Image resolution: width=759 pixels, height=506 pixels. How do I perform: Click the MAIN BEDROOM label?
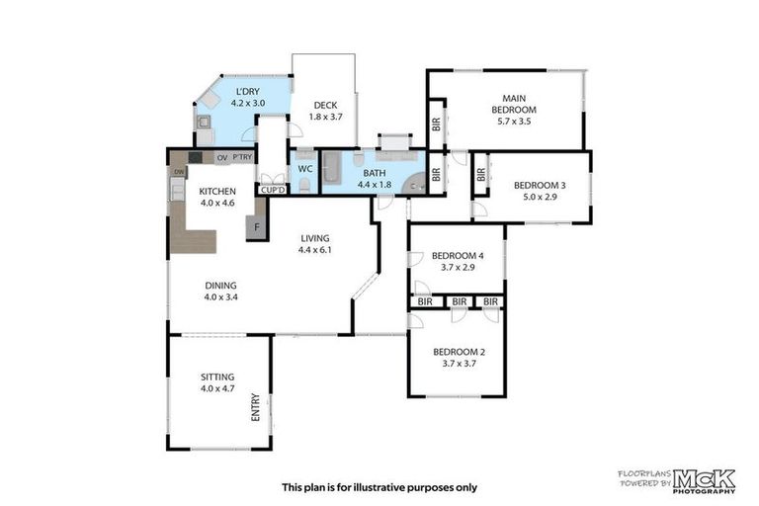coord(514,104)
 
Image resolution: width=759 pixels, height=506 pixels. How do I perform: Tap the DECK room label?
coord(326,105)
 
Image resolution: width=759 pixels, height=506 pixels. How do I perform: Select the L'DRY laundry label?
coord(247,92)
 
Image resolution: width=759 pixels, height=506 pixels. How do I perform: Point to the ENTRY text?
coord(256,407)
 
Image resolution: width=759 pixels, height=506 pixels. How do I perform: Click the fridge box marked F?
coord(257,227)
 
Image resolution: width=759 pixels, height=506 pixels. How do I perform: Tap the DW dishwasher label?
coord(179,171)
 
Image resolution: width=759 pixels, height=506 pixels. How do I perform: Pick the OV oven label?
coord(222,158)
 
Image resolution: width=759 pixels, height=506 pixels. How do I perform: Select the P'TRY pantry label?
coord(242,157)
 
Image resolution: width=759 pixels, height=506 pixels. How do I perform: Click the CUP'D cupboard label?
coord(273,191)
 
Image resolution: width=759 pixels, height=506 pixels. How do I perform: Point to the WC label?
coord(305,169)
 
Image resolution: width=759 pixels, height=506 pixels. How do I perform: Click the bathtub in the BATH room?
coord(332,168)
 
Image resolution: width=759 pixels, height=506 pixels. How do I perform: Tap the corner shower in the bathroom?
coord(414,183)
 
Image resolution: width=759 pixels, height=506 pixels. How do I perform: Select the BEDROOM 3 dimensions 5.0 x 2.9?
coord(540,197)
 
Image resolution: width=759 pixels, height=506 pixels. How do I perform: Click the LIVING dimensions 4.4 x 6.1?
coord(315,250)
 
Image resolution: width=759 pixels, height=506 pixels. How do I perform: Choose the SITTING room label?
coord(217,377)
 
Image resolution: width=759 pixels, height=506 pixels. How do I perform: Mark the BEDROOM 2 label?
coord(459,352)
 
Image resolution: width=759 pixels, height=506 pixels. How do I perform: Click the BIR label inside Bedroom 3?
coord(480,174)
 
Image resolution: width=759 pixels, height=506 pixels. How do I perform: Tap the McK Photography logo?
coord(704,481)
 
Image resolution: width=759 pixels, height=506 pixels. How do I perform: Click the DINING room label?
coord(220,286)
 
